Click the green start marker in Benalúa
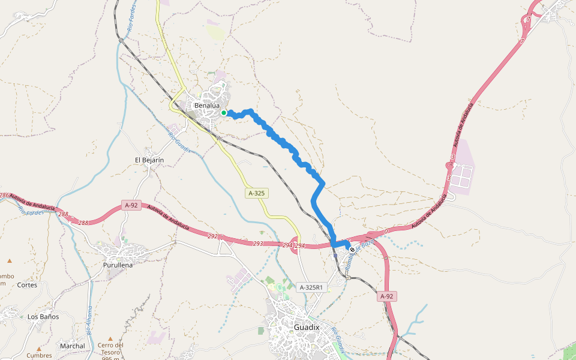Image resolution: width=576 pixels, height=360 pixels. [x=224, y=112]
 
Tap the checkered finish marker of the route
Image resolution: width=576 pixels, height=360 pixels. [x=352, y=250]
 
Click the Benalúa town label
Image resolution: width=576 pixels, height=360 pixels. [x=205, y=106]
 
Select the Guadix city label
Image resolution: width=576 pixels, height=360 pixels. [x=307, y=328]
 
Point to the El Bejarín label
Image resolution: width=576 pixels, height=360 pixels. [x=149, y=160]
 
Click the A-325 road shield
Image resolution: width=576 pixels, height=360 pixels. [x=256, y=193]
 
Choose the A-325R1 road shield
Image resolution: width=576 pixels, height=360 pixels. [x=311, y=287]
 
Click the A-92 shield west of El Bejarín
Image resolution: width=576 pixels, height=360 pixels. [x=131, y=205]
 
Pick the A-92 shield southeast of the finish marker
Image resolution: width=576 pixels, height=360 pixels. [x=387, y=296]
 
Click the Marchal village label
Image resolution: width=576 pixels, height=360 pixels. [x=73, y=346]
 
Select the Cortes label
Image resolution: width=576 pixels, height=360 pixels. [x=27, y=285]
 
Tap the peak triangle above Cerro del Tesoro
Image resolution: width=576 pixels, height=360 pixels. [x=110, y=338]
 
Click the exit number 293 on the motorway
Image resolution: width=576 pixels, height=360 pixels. [x=258, y=244]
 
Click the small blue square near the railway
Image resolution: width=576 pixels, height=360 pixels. [x=335, y=255]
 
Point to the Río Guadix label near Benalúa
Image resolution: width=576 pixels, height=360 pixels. [x=180, y=143]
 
